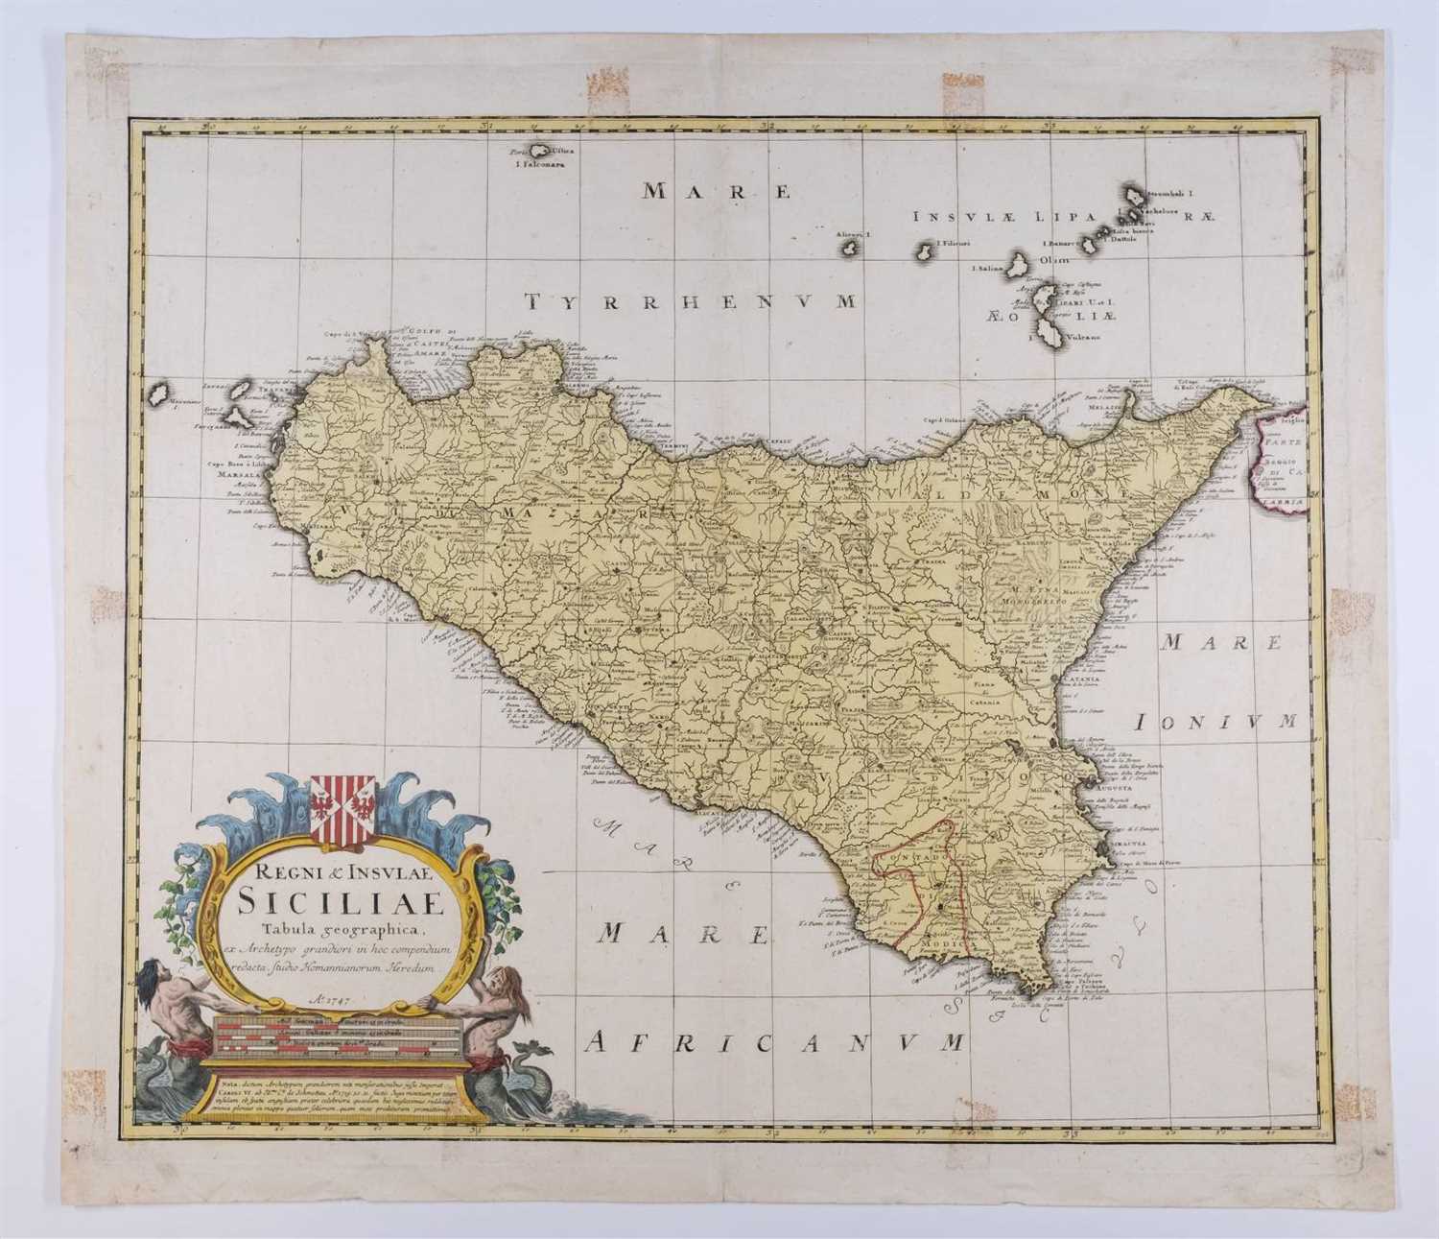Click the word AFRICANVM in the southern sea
pyautogui.click(x=776, y=1040)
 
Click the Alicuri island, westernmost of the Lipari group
pyautogui.click(x=849, y=249)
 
